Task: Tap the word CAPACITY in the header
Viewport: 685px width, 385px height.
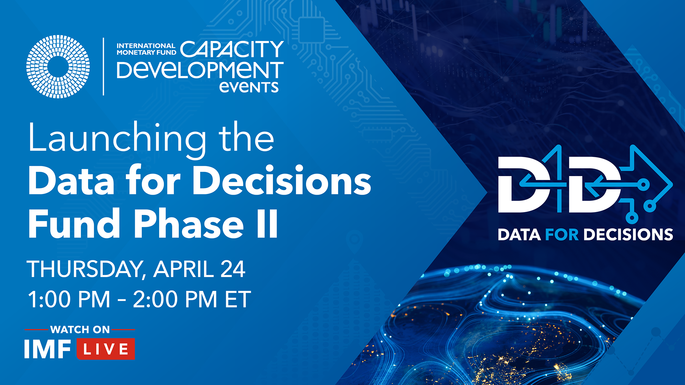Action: pyautogui.click(x=232, y=49)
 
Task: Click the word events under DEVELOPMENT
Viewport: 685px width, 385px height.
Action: pyautogui.click(x=249, y=87)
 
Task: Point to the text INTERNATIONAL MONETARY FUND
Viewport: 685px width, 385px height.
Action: pyautogui.click(x=146, y=49)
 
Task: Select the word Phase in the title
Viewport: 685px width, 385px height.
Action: pyautogui.click(x=189, y=224)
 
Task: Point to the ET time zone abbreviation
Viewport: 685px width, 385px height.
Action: pyautogui.click(x=238, y=299)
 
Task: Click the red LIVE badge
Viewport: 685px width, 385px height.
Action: pyautogui.click(x=106, y=349)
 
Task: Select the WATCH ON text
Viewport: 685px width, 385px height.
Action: pyautogui.click(x=80, y=330)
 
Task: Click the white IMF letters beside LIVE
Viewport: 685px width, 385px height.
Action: pyautogui.click(x=47, y=349)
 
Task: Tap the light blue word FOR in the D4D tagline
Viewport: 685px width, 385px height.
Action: pyautogui.click(x=562, y=235)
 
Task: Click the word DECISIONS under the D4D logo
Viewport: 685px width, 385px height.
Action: pyautogui.click(x=629, y=235)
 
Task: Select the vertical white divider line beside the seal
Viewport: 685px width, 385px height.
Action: pyautogui.click(x=103, y=67)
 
